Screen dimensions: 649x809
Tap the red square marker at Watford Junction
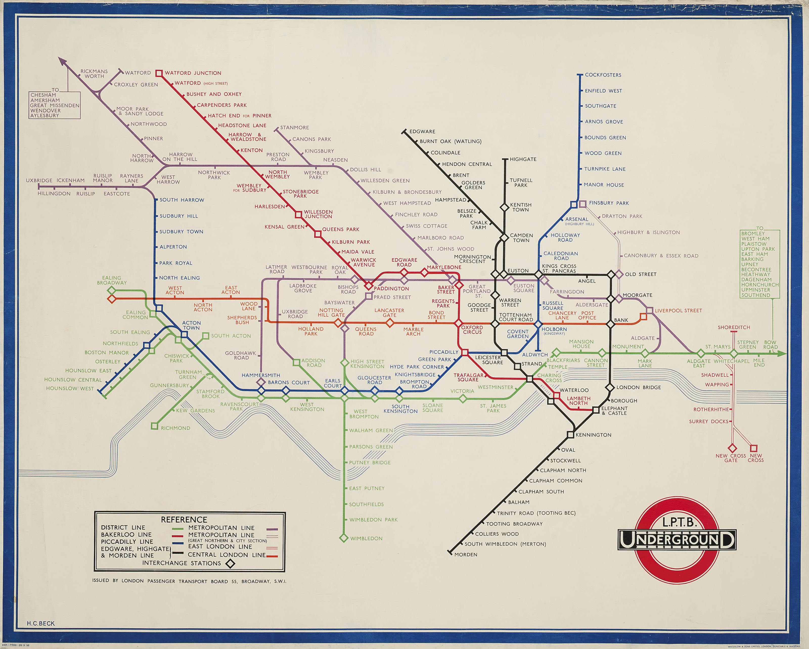pos(159,73)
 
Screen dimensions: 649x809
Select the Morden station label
pos(466,554)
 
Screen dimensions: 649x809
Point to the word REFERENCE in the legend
pos(184,520)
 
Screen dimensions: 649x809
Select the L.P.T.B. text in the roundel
pos(677,522)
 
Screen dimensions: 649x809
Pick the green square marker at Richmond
pos(154,426)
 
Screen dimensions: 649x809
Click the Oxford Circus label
pos(472,330)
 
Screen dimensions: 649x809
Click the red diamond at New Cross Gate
pos(732,448)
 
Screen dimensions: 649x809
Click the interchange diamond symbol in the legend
pos(230,564)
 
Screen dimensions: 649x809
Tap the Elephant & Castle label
pos(614,411)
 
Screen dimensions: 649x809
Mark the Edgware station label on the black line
pos(422,132)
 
